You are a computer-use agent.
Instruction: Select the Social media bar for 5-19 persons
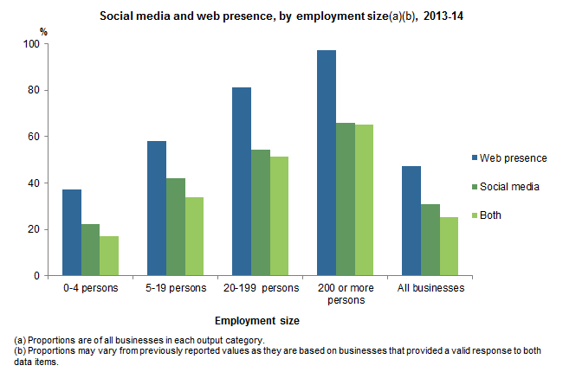(x=175, y=227)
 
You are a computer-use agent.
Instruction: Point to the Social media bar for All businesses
(x=430, y=240)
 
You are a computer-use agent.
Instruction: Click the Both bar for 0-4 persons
(x=109, y=256)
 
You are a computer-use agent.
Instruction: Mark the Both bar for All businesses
(x=449, y=247)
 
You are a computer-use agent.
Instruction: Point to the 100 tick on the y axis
(x=32, y=44)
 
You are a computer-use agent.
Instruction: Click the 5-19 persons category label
(x=176, y=287)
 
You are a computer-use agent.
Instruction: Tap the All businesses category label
(x=430, y=287)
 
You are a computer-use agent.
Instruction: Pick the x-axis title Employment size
(x=257, y=320)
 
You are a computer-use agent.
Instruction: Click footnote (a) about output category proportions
(x=139, y=341)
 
